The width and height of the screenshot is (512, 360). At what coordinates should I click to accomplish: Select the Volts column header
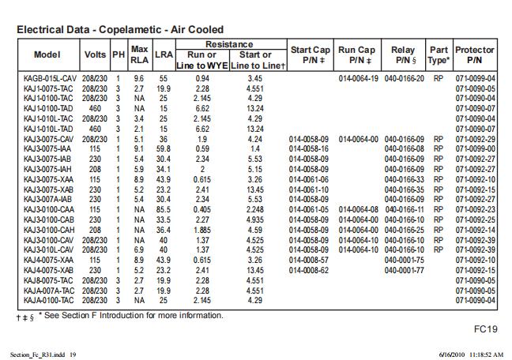[x=95, y=54]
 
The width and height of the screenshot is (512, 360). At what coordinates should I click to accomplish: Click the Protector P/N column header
[x=474, y=54]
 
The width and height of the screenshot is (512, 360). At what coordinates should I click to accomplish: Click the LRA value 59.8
[x=164, y=149]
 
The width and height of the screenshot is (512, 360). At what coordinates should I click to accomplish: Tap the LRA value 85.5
[x=164, y=209]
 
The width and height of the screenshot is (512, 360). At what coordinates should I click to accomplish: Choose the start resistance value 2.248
[x=254, y=209]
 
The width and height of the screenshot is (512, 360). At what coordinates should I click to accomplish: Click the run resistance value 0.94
[x=202, y=79]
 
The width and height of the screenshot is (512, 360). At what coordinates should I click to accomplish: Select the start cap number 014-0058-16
[x=310, y=149]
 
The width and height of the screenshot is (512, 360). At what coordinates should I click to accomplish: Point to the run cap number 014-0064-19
[x=360, y=79]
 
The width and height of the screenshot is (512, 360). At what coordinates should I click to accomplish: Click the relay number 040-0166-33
[x=404, y=179]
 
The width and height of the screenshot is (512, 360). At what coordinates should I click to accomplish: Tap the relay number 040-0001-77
[x=404, y=269]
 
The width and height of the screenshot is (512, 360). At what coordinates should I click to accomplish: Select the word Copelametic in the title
[x=128, y=30]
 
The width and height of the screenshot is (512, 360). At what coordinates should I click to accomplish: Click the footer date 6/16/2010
[x=455, y=354]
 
